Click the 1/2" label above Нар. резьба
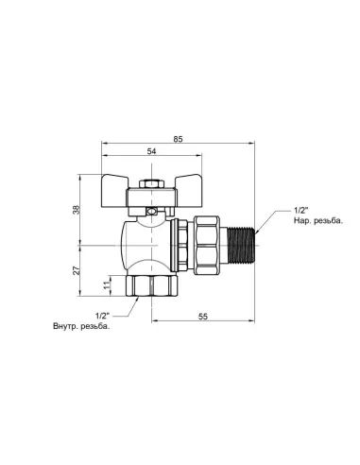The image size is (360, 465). pos(275,210)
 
